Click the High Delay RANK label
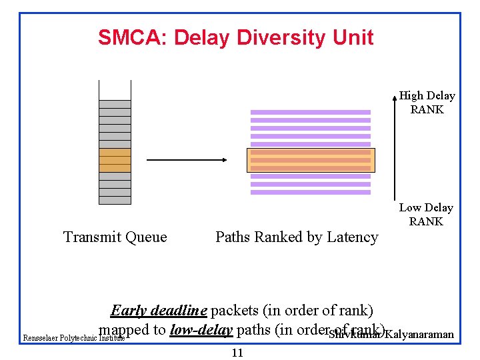coord(427,103)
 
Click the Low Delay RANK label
coord(426,215)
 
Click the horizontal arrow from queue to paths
coord(186,160)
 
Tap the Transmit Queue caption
coord(115,237)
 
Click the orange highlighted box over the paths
coord(311,160)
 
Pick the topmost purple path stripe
coord(311,112)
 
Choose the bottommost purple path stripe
coord(311,192)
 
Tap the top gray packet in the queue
coord(115,104)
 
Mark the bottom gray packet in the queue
coord(115,200)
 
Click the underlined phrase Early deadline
coord(159,311)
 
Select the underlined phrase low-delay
coord(201,329)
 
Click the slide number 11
coord(237,353)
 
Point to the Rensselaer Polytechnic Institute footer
coord(73,338)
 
